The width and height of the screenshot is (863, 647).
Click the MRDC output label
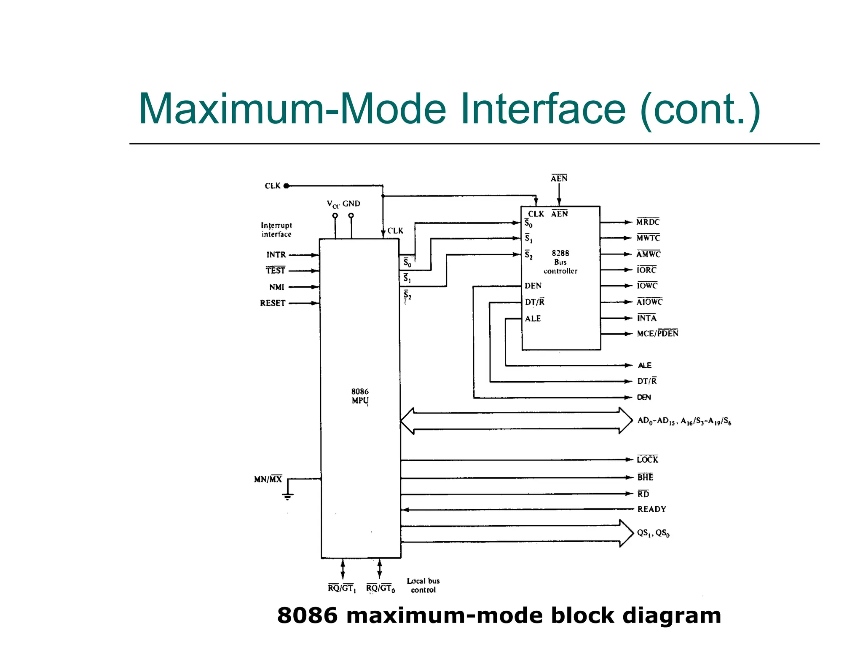pos(648,222)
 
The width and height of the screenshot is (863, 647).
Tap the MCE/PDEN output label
pos(657,334)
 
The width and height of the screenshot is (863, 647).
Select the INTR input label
pos(276,255)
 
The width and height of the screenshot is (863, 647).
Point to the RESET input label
pos(273,303)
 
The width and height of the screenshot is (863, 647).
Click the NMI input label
pos(277,287)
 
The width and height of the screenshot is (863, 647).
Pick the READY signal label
pos(651,509)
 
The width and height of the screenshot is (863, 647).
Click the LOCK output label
pos(647,460)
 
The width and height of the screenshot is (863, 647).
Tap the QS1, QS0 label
pos(653,533)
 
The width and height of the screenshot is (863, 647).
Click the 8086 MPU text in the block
pos(360,396)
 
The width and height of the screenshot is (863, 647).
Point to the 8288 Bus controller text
pos(560,262)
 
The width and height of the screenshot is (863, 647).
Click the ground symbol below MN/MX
pos(288,496)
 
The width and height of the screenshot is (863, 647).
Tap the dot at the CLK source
pos(287,186)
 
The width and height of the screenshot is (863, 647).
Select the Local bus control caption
pos(423,586)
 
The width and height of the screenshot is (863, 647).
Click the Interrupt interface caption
pos(276,230)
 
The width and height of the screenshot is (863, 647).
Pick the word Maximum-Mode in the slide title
pos(292,109)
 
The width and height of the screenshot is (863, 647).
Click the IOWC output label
pos(647,286)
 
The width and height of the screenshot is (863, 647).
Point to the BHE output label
pos(645,477)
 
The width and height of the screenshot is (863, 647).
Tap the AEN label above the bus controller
pos(559,179)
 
